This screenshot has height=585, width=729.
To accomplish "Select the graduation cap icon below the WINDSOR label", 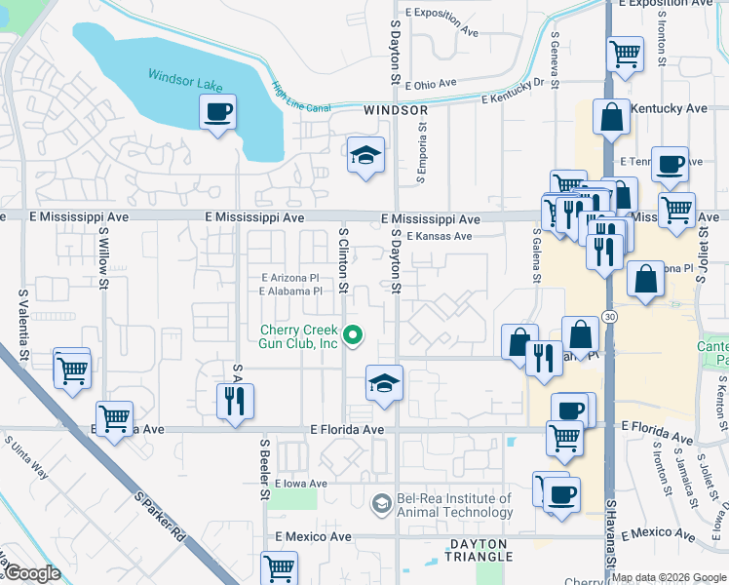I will [365, 155].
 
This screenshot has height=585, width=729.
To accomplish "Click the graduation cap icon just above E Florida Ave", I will [384, 382].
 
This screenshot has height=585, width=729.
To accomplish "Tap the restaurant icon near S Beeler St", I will [235, 400].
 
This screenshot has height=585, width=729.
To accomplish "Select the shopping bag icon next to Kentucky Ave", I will [610, 117].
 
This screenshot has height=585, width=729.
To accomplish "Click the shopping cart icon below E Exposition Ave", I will [625, 54].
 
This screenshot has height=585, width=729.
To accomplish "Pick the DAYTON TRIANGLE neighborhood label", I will [480, 550].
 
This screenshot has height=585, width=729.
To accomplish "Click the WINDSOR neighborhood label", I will [397, 111].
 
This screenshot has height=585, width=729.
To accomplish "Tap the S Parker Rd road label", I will [162, 518].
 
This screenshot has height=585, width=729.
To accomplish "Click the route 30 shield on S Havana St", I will [609, 317].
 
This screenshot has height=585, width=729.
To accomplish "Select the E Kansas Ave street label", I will [440, 237].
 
